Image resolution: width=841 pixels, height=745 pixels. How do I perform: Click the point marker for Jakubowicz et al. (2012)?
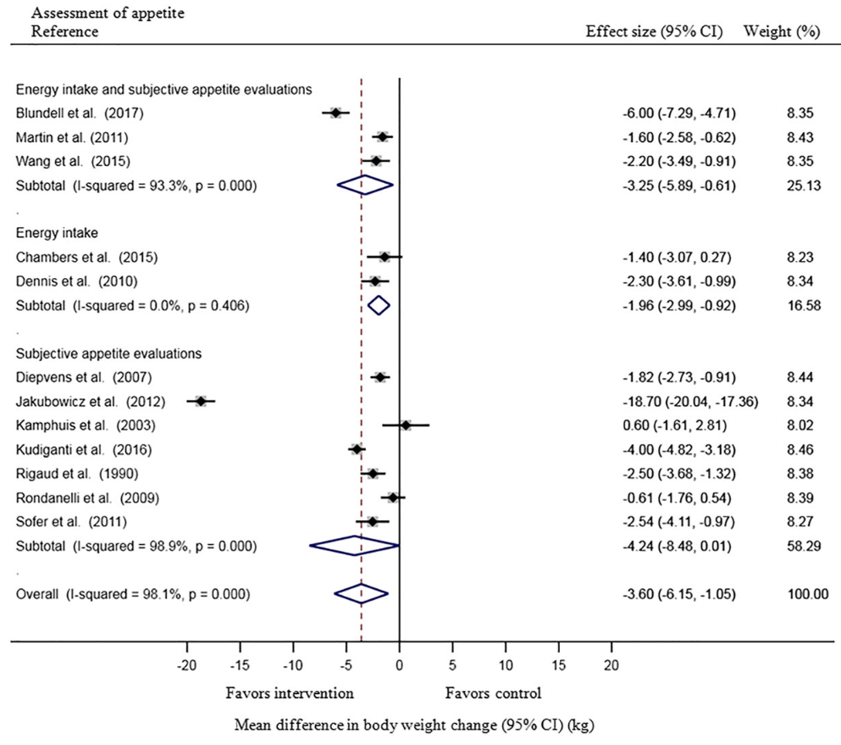pyautogui.click(x=201, y=401)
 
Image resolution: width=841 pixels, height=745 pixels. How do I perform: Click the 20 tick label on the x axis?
pyautogui.click(x=611, y=663)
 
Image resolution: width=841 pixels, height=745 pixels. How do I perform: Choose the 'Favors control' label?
pyautogui.click(x=493, y=693)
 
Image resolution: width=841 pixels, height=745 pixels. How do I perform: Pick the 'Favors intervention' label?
pyautogui.click(x=290, y=693)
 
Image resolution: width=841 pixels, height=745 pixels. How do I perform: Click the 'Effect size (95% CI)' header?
pyautogui.click(x=656, y=31)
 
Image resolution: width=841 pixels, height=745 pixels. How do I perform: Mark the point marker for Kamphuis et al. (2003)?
pyautogui.click(x=406, y=425)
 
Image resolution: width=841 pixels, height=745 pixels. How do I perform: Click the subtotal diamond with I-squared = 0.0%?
pyautogui.click(x=379, y=304)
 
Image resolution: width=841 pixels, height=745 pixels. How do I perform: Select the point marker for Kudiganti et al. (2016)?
pyautogui.click(x=357, y=449)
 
